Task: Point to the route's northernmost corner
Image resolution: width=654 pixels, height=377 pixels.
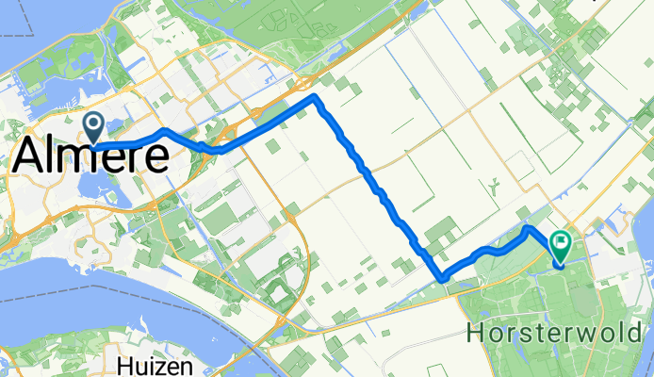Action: tap(317, 98)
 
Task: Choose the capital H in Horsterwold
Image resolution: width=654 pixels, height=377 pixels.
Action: tap(476, 334)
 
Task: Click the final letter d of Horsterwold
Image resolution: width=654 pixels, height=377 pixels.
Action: tap(643, 334)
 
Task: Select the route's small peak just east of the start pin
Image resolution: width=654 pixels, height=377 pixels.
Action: tap(164, 130)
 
